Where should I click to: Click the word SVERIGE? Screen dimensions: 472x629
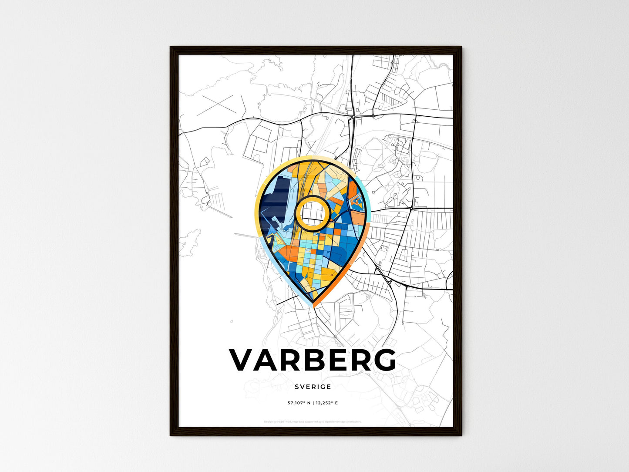(313, 387)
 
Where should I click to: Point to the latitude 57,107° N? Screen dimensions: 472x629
(299, 403)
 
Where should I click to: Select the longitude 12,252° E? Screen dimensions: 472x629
(326, 403)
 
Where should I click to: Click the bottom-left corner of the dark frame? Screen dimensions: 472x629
(171, 435)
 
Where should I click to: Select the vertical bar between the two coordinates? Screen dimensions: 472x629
(313, 403)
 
